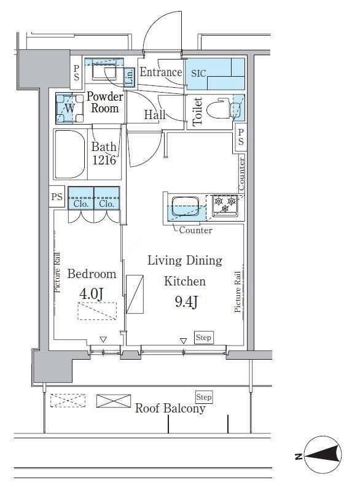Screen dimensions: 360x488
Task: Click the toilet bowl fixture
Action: point(222,109)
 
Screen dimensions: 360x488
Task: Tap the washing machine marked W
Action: point(70,108)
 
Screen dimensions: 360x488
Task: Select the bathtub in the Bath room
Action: point(71,154)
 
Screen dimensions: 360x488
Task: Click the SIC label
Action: point(198,74)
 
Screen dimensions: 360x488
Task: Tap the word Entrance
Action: point(161,72)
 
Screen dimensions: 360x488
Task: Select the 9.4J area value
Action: point(186,301)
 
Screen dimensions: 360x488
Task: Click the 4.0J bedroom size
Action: point(92,293)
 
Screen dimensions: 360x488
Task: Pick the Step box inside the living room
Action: point(204,338)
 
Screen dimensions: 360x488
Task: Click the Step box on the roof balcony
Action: point(204,397)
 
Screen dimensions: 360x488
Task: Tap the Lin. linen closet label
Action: point(130,77)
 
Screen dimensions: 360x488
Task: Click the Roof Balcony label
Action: point(170,408)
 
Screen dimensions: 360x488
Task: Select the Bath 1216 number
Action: point(104,160)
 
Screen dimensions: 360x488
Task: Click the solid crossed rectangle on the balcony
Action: point(114,401)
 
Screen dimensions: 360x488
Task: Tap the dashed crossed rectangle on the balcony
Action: point(68,401)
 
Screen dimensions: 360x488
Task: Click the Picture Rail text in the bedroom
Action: point(57,273)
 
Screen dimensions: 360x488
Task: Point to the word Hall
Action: point(155,115)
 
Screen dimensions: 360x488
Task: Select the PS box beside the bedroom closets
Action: point(57,196)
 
